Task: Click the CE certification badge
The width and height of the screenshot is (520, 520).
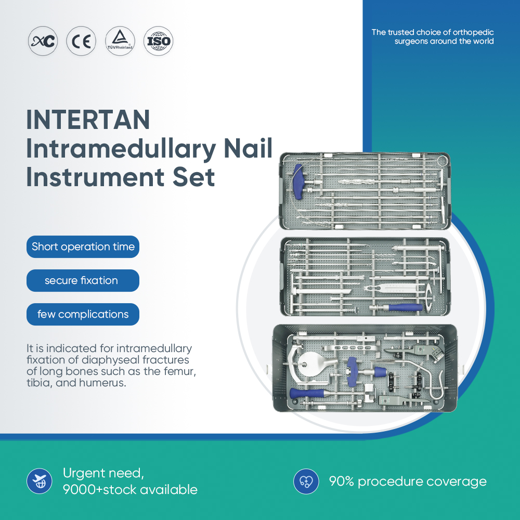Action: click(x=81, y=42)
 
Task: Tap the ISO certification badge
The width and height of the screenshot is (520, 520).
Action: click(x=158, y=42)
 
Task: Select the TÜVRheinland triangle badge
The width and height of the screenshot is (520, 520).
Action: click(x=120, y=42)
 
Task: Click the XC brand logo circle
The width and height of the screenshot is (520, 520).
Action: click(x=43, y=42)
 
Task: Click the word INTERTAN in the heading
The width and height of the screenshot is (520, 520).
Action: click(x=88, y=120)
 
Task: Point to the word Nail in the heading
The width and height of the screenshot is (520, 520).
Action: click(x=248, y=149)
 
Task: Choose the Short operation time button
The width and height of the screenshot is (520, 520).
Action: click(x=83, y=246)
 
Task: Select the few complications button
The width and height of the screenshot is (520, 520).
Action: click(x=83, y=315)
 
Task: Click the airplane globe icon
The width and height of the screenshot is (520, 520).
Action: click(x=40, y=481)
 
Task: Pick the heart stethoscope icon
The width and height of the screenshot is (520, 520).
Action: click(x=306, y=481)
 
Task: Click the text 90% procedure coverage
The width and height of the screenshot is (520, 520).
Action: click(x=408, y=482)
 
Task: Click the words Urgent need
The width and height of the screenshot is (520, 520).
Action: click(x=103, y=473)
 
